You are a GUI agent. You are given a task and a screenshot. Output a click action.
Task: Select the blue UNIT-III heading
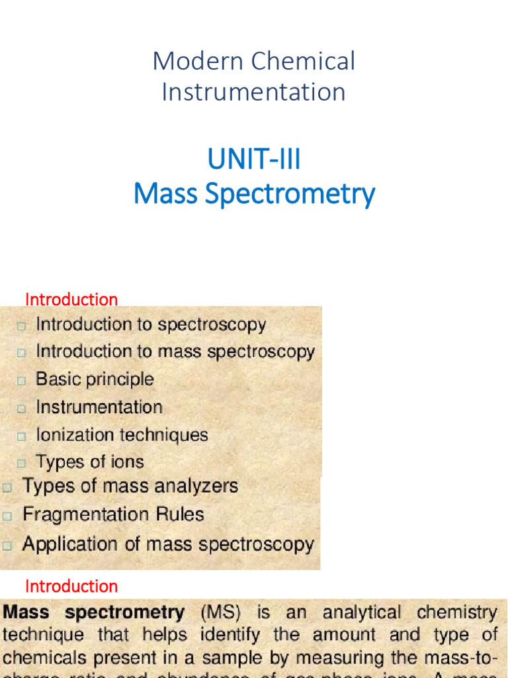[x=254, y=160]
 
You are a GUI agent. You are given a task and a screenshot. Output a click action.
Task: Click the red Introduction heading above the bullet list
[x=71, y=299]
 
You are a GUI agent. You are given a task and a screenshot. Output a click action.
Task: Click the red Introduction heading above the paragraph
[x=71, y=586]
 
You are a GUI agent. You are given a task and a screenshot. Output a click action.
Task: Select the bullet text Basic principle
[x=95, y=379]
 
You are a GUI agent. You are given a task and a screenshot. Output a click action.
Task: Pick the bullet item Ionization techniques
[x=122, y=435]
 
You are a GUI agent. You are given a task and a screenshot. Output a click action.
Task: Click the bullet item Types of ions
[x=89, y=461]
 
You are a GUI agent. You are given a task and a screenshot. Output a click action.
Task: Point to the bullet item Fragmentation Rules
[x=113, y=514]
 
